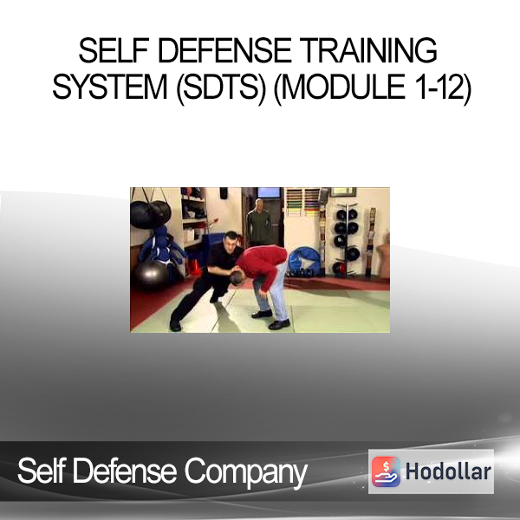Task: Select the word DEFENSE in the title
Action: coord(224,50)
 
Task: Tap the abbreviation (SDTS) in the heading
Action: coord(221,88)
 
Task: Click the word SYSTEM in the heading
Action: coord(110,88)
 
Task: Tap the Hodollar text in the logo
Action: coord(448,471)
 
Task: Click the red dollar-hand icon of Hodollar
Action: coord(386,471)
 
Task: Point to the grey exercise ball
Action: coord(152,275)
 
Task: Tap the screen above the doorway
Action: coord(269,192)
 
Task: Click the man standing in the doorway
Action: coord(258,222)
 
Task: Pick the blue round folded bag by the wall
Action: coord(304,262)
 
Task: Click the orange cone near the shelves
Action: coord(195,267)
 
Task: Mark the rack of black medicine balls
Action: coord(347,237)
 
